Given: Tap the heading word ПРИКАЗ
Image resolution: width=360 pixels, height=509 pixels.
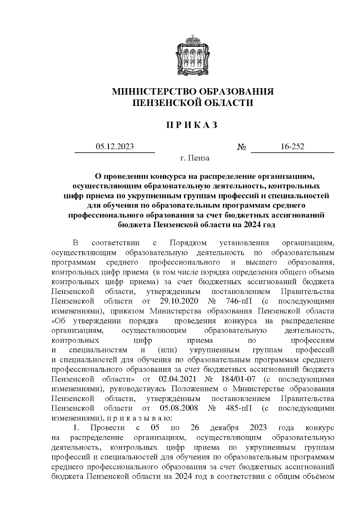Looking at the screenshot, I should click(x=192, y=125).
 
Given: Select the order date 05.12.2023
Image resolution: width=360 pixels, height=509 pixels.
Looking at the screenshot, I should click(x=115, y=147).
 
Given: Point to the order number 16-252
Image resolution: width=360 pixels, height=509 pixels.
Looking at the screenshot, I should click(x=292, y=147).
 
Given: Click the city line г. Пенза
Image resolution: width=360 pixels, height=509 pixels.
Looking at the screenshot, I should click(x=195, y=158).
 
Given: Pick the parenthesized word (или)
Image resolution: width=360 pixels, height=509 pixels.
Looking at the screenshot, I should click(x=165, y=350).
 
